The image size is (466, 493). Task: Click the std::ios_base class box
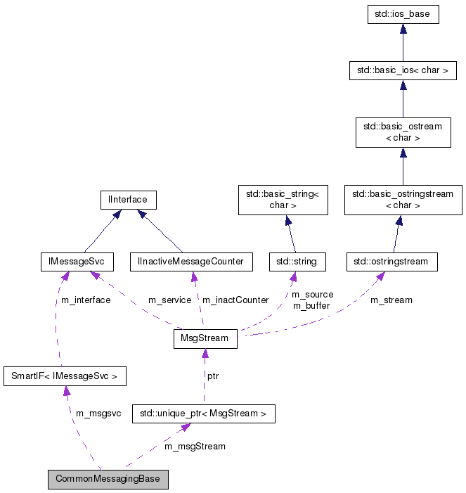pos(403,15)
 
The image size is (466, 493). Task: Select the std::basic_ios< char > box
pos(403,70)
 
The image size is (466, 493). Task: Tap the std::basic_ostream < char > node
pos(403,132)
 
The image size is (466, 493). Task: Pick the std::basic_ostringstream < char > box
pos(403,200)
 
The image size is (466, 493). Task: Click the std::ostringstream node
pos(392,262)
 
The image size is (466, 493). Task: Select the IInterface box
pos(127,200)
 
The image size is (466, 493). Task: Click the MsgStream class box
pos(205,338)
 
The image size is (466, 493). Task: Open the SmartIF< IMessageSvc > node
pos(65,376)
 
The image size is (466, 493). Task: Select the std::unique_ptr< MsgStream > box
pos(204,414)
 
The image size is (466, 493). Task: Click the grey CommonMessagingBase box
pos(108,480)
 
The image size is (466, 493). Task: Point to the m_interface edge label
pos(86,300)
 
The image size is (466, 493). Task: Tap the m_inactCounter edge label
pos(235,300)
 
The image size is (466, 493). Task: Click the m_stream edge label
pos(391,300)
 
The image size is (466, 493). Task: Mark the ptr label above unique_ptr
pos(212,376)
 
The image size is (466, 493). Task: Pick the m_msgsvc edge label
pos(98,414)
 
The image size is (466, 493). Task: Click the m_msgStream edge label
pos(195,446)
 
